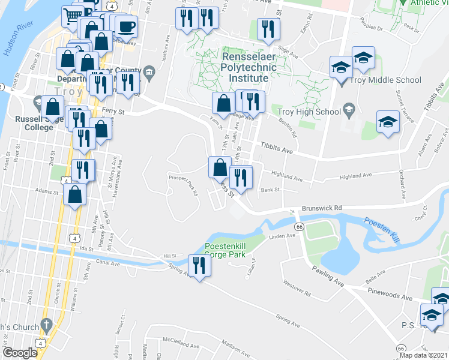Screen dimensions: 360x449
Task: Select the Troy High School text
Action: tap(309, 111)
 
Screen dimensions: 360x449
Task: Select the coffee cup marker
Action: tap(126, 26)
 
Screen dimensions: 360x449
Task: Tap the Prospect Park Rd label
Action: tap(184, 185)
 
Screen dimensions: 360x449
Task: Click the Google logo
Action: tap(20, 353)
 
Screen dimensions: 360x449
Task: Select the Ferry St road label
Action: tap(112, 111)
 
